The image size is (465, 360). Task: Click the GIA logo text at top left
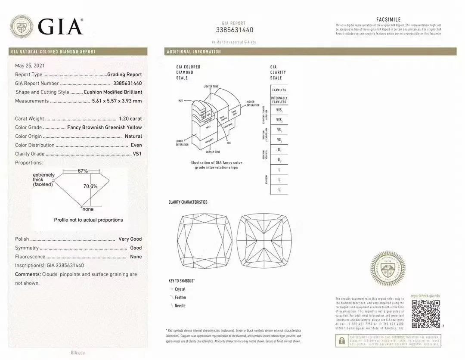[60, 26]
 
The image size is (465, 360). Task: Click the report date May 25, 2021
[29, 66]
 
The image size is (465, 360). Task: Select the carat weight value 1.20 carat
[130, 118]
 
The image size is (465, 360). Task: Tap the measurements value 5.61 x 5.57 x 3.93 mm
[117, 101]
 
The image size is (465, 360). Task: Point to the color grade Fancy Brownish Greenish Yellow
[105, 127]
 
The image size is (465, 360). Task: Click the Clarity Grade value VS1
[136, 154]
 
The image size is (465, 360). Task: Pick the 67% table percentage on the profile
[83, 171]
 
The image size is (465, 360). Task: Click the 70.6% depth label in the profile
[90, 186]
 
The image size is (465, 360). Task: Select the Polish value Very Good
[130, 239]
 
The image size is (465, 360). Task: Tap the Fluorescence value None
[136, 257]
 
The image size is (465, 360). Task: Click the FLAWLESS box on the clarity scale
[279, 90]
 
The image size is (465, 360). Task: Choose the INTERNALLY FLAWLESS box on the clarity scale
[279, 100]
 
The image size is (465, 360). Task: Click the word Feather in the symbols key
[180, 298]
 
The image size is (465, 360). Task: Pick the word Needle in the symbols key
[180, 306]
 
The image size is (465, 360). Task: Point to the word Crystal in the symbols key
[180, 289]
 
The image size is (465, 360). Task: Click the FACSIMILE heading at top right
[388, 20]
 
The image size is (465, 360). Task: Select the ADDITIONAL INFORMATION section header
[194, 52]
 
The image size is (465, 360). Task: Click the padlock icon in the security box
[342, 341]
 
